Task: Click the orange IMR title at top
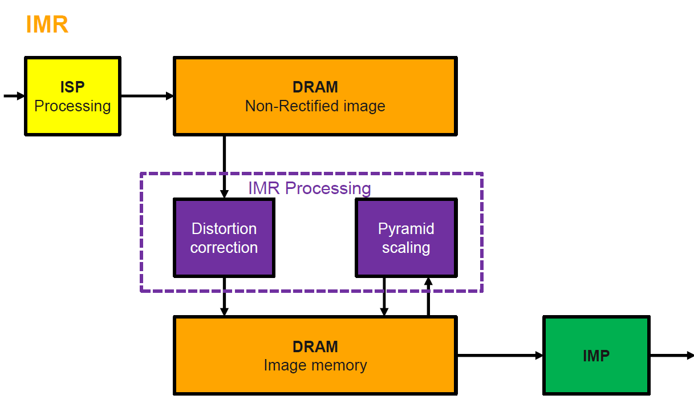coord(47,25)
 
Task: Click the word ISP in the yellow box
coord(72,87)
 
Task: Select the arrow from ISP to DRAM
coord(147,96)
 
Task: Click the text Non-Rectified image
coord(315,106)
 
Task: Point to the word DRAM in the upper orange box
coord(315,87)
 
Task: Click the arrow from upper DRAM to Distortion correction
coord(224,166)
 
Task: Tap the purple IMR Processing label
coord(309,188)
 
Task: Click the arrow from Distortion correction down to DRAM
coord(224,296)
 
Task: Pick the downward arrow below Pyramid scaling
coord(384,296)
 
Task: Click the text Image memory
coord(315,365)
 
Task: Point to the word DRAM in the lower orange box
coord(315,346)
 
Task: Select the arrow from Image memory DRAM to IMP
coord(500,356)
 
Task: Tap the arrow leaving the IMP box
coord(671,356)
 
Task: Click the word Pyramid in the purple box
coord(406,229)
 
